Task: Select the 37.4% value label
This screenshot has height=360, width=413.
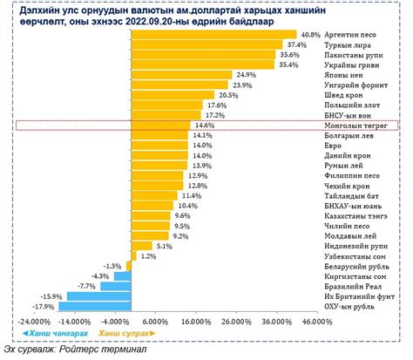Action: [x=297, y=44]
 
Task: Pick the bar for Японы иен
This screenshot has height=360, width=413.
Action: [x=182, y=75]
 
